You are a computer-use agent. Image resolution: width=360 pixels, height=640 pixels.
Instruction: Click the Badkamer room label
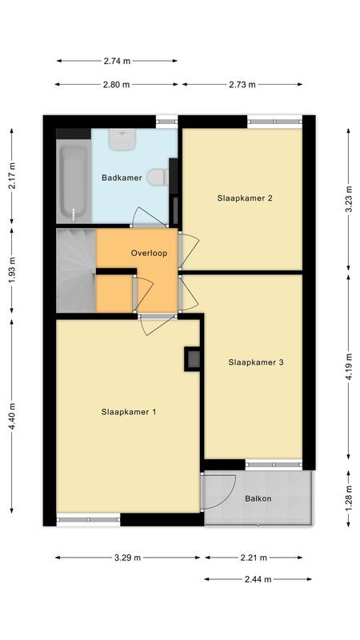[x=121, y=178]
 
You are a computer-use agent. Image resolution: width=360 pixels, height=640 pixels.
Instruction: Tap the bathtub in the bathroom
[x=73, y=183]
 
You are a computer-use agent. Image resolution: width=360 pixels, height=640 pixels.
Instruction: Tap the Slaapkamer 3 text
[x=256, y=362]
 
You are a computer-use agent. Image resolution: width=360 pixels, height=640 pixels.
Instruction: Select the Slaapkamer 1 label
[x=128, y=412]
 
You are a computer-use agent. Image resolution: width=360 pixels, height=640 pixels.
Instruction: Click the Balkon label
[x=258, y=499]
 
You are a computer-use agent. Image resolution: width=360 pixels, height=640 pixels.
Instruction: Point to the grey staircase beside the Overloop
[x=76, y=270]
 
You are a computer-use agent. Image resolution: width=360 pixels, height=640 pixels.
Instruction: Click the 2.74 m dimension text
[x=117, y=60]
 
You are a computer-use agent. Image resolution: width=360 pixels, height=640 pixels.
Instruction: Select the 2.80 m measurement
[x=117, y=84]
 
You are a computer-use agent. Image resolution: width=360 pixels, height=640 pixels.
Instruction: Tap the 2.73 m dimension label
[x=242, y=84]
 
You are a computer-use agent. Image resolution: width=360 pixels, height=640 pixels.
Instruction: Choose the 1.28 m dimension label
[x=349, y=499]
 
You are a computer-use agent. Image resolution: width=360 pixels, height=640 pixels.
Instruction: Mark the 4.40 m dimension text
[x=11, y=416]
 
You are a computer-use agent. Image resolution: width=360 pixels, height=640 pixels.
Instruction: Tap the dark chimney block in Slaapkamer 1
[x=193, y=358]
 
